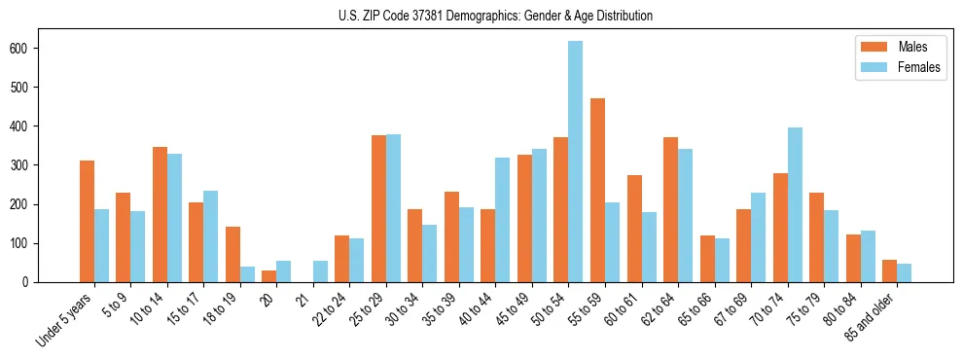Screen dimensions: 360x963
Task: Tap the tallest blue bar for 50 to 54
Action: pyautogui.click(x=576, y=162)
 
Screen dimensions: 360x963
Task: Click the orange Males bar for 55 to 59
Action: pyautogui.click(x=597, y=191)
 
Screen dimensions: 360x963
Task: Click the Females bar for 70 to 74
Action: pyautogui.click(x=795, y=205)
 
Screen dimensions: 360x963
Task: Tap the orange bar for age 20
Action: pyautogui.click(x=268, y=276)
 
